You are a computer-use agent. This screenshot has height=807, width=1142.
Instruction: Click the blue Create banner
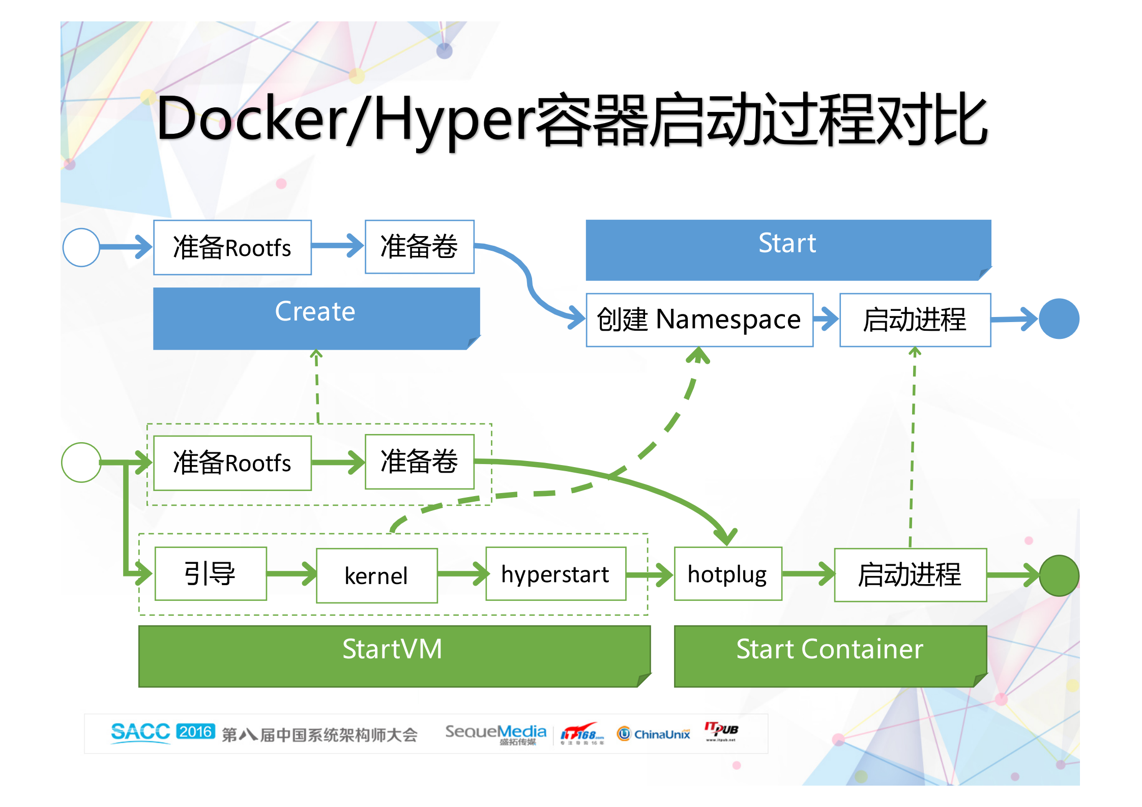point(315,318)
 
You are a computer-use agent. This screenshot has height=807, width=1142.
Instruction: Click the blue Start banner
point(787,249)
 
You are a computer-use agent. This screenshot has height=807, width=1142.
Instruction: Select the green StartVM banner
point(394,655)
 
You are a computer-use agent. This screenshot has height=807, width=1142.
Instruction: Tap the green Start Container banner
point(830,655)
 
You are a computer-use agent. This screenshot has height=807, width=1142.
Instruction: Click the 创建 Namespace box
point(699,320)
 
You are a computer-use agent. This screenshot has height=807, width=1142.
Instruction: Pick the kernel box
point(376,575)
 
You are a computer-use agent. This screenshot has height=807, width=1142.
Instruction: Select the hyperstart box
point(555,574)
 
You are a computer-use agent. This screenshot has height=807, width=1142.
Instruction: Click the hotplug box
point(727,574)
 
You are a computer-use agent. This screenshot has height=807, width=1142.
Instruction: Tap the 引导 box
point(210,574)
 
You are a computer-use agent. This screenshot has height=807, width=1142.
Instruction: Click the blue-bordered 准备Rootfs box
point(232,248)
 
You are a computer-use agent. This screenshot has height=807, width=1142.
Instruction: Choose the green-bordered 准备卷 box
point(419,462)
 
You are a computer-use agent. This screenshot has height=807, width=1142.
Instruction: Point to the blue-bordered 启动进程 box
point(915,320)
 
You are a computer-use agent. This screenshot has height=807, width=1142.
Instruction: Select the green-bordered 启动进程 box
point(910,575)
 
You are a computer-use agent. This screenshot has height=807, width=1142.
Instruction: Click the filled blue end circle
point(1059,319)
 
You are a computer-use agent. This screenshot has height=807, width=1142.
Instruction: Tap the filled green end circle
point(1059,575)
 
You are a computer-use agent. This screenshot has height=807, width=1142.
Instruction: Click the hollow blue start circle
point(81,247)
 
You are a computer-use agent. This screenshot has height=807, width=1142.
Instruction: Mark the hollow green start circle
point(81,463)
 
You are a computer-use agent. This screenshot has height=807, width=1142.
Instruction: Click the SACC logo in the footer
point(140,732)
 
